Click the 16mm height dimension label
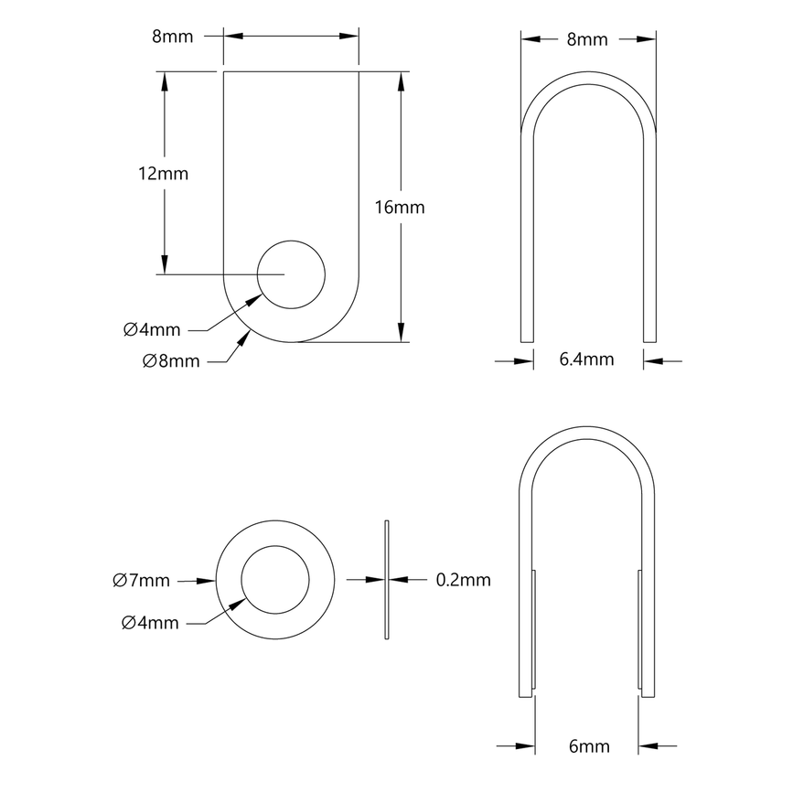[x=400, y=208]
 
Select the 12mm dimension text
[x=164, y=174]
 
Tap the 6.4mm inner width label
[x=586, y=359]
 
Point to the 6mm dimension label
[x=588, y=746]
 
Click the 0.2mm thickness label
[x=463, y=579]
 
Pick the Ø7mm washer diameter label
[x=141, y=580]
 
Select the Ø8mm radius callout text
[x=171, y=360]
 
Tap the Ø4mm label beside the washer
[x=149, y=623]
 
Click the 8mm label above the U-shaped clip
[x=586, y=39]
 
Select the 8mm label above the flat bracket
[x=172, y=38]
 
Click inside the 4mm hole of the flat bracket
[x=291, y=273]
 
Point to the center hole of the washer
[x=274, y=580]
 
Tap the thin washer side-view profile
[x=388, y=579]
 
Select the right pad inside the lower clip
[x=639, y=627]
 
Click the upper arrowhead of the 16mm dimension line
[x=401, y=80]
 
